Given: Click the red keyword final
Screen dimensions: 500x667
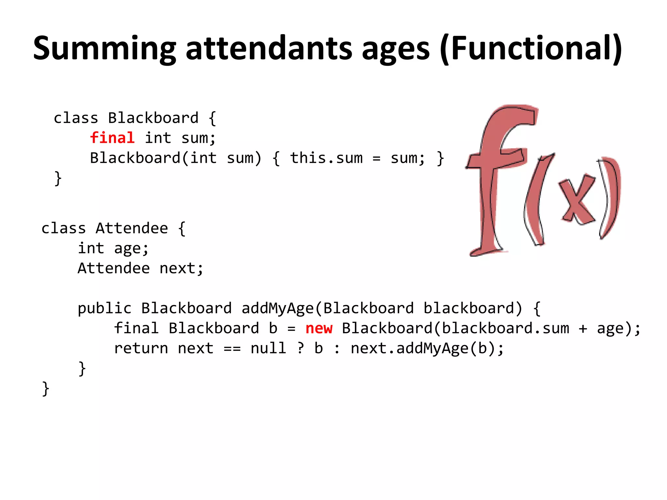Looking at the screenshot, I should pos(112,138).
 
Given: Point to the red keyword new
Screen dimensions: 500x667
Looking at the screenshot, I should pos(319,328).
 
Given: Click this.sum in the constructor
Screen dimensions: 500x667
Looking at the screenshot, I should pos(326,158).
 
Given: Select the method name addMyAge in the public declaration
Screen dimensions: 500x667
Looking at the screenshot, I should pos(277,308).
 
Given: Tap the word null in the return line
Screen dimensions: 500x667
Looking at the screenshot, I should pos(268,348).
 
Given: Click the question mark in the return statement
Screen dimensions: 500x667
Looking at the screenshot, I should pos(301,348).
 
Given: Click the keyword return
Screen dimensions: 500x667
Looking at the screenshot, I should pos(141,348).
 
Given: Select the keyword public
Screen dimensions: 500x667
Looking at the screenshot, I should pos(105,308).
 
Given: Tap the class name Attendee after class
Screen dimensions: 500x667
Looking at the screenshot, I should pos(132,228).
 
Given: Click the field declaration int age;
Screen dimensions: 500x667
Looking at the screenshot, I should pos(113,249).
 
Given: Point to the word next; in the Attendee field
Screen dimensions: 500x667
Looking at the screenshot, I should pos(181,269).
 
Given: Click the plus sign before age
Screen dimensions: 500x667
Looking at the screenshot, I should pos(583,328).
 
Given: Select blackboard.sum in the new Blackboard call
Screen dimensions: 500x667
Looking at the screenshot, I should pos(505,328).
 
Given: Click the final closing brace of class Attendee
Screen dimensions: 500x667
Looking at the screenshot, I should pos(46,388).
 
